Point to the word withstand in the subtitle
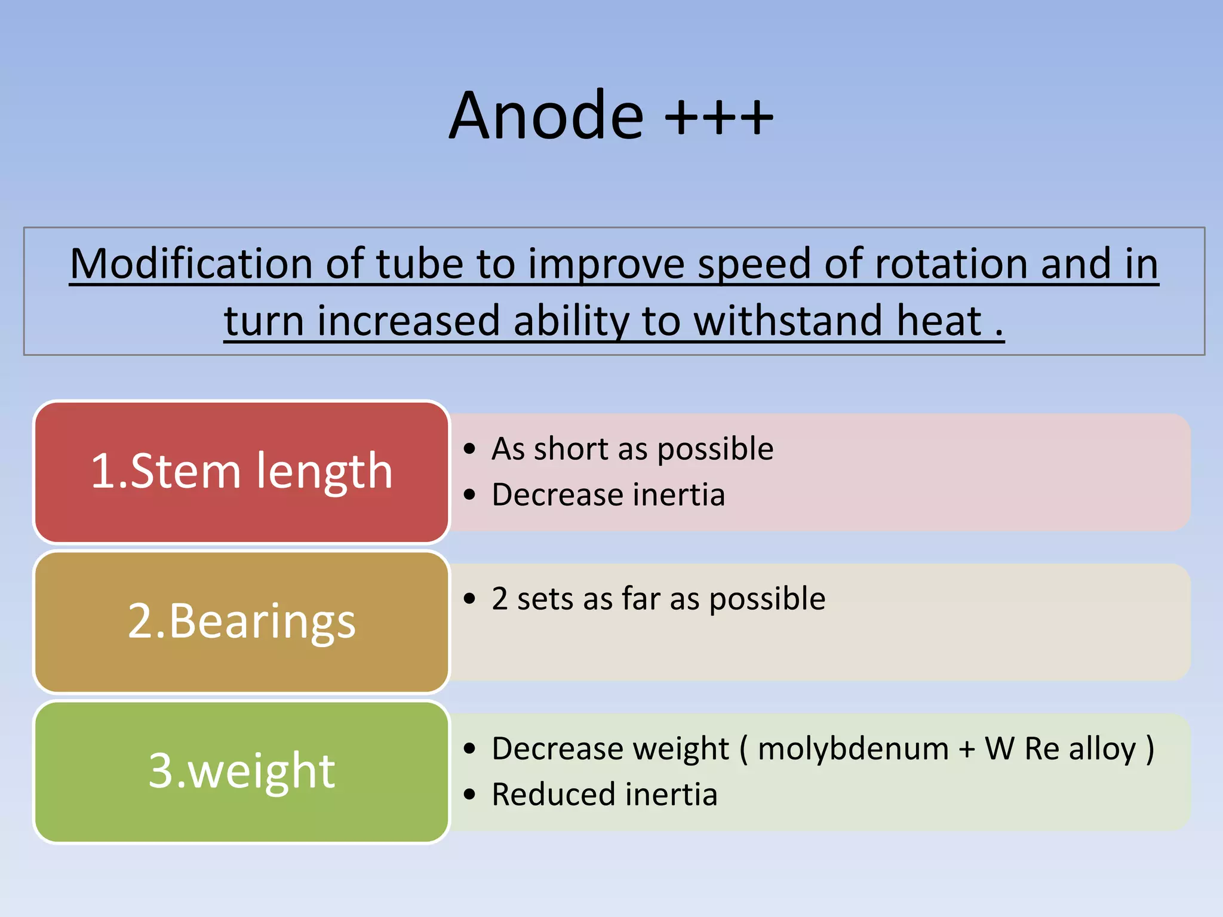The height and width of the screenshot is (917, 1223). [x=788, y=321]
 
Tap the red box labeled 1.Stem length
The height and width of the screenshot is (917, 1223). [x=241, y=472]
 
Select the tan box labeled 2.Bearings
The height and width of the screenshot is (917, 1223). [x=241, y=621]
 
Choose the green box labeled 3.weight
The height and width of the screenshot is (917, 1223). [x=241, y=771]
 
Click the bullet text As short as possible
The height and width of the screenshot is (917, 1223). [x=632, y=449]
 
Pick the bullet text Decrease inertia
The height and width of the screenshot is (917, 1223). [x=608, y=495]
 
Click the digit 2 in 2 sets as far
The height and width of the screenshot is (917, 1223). [x=500, y=599]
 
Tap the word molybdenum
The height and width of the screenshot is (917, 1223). [x=853, y=749]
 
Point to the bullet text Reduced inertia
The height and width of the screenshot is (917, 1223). [x=604, y=795]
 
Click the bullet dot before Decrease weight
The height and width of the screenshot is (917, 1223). [x=470, y=749]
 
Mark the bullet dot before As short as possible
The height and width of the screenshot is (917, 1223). [x=470, y=449]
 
